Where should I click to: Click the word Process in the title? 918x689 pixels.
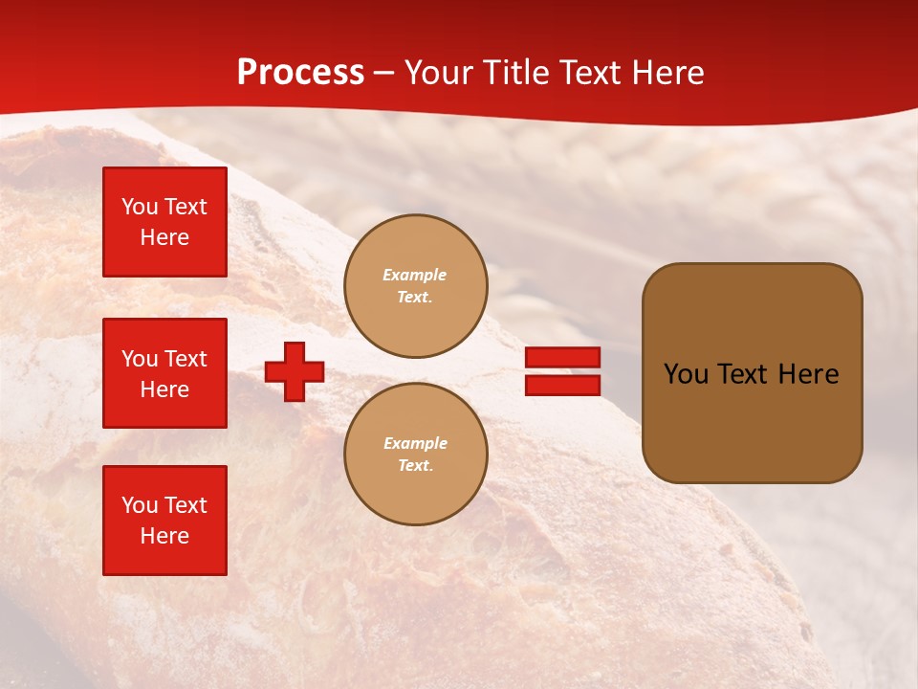[x=300, y=73]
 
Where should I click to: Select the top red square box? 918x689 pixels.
[x=164, y=222]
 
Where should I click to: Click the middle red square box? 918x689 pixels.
[x=164, y=373]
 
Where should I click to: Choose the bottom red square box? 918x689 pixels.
[x=164, y=521]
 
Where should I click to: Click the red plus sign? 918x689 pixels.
[x=295, y=371]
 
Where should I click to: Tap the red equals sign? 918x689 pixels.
[x=562, y=371]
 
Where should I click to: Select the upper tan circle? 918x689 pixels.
[x=416, y=286]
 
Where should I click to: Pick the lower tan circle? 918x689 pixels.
[x=416, y=455]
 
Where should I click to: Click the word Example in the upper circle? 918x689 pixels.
[x=414, y=276]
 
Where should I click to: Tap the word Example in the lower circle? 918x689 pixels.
[x=415, y=444]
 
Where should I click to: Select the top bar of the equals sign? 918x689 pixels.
[x=562, y=357]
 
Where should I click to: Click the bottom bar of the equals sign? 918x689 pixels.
[x=562, y=386]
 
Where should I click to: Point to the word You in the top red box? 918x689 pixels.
[x=140, y=207]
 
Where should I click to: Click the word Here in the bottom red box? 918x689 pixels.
[x=164, y=536]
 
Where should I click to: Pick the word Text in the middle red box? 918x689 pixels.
[x=185, y=359]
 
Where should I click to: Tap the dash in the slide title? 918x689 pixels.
[x=383, y=74]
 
